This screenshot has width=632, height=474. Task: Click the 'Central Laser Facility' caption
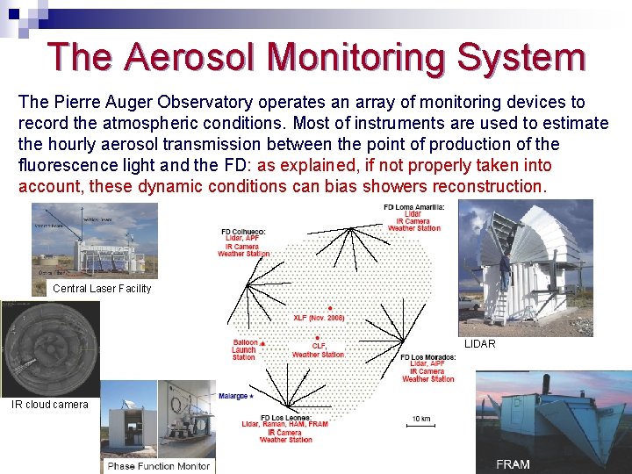102,289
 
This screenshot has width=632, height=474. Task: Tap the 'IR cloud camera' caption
50,405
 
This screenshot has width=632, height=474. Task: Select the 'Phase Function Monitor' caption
159,466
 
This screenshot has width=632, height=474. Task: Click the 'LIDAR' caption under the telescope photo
480,344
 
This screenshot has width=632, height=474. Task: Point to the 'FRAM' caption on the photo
513,463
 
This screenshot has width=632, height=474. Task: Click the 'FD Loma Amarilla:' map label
414,206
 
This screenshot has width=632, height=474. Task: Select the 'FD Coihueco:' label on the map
243,232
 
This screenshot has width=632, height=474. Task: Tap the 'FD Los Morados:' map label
428,357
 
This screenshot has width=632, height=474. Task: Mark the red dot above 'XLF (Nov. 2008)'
329,308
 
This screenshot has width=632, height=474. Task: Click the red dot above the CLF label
314,335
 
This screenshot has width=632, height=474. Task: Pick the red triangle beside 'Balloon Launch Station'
262,342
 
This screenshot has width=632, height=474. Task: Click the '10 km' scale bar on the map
420,423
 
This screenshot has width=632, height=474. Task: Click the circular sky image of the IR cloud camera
39,347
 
